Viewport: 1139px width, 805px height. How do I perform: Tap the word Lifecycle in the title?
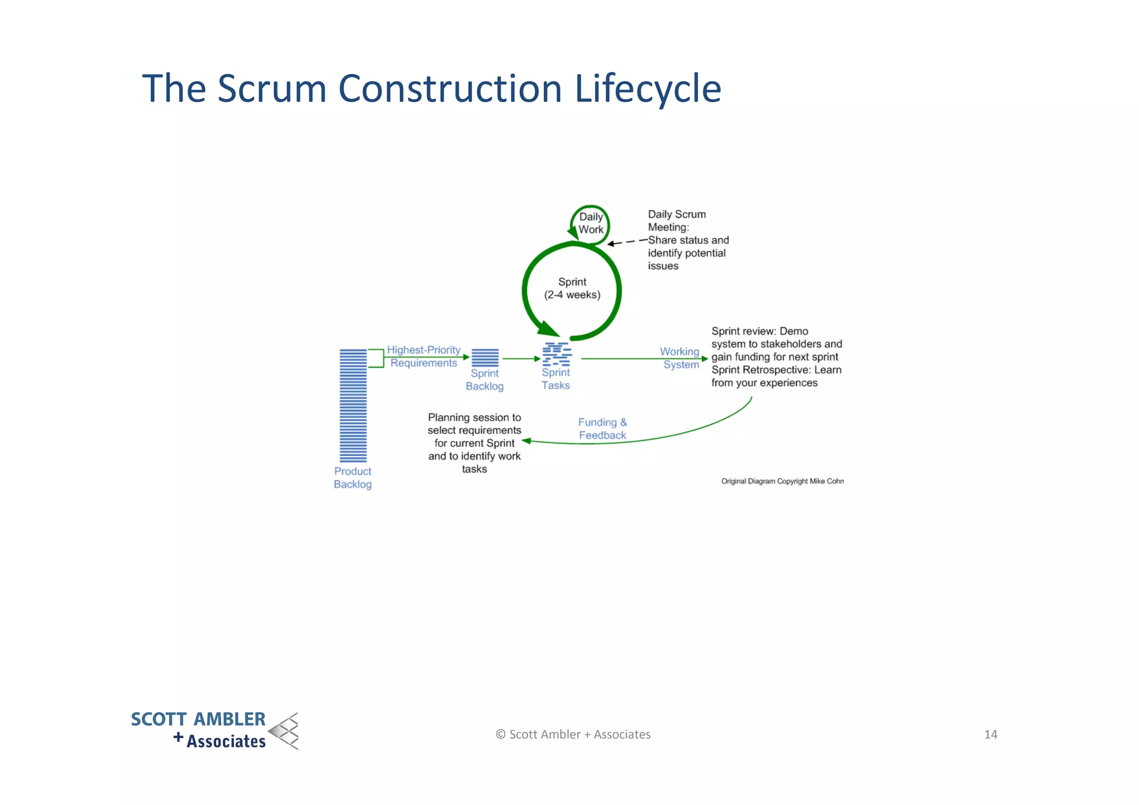pyautogui.click(x=647, y=89)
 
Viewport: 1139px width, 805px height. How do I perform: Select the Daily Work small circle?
pyautogui.click(x=591, y=224)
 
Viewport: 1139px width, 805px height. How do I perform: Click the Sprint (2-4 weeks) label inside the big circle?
pyautogui.click(x=572, y=288)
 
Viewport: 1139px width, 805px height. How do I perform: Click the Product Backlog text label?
pyautogui.click(x=353, y=477)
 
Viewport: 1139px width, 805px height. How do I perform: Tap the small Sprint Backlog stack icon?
pyautogui.click(x=485, y=357)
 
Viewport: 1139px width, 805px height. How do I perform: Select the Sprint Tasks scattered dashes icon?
pyautogui.click(x=557, y=354)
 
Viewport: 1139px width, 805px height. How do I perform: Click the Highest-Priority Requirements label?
pyautogui.click(x=424, y=356)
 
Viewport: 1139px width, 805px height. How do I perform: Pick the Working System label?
pyautogui.click(x=680, y=358)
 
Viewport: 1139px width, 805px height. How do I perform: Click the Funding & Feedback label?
pyautogui.click(x=602, y=428)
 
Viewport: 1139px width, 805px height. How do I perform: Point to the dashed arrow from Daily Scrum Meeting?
pyautogui.click(x=627, y=242)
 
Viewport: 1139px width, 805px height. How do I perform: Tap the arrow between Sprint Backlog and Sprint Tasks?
pyautogui.click(x=522, y=359)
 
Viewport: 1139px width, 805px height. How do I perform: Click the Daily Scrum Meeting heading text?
pyautogui.click(x=676, y=220)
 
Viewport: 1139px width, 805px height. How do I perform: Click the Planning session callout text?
pyautogui.click(x=474, y=443)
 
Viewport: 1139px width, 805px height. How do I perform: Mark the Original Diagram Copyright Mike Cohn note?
pyautogui.click(x=782, y=481)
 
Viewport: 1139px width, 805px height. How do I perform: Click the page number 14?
pyautogui.click(x=991, y=734)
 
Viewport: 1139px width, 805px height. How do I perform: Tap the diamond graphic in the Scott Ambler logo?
pyautogui.click(x=285, y=731)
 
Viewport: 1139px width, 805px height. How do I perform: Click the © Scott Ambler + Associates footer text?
pyautogui.click(x=573, y=734)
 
